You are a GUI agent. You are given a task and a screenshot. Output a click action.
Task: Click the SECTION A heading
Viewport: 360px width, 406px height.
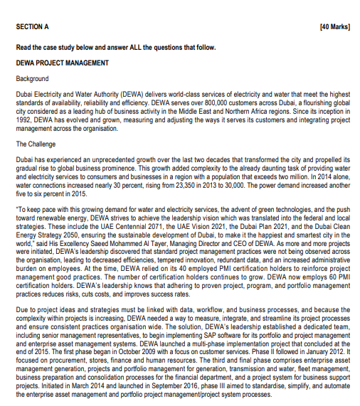33,26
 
